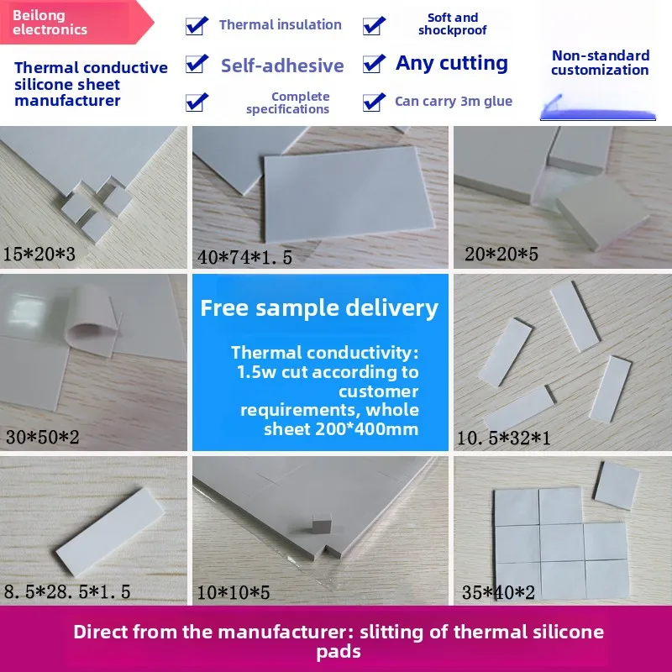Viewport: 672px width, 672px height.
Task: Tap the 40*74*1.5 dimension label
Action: pos(245,257)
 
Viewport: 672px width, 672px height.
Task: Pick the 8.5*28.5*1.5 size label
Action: pos(67,592)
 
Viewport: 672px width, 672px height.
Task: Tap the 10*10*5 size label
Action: pos(234,592)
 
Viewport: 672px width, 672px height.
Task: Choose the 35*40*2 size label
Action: pos(498,592)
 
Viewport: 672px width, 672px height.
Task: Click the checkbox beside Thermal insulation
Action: pos(197,25)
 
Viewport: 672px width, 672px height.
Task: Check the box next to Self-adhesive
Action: pos(197,63)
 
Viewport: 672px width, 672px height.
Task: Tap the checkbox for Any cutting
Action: pos(374,63)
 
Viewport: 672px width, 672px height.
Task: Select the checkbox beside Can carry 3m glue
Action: pos(374,102)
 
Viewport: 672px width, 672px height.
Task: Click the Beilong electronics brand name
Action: pos(50,23)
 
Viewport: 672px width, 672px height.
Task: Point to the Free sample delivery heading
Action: pos(319,308)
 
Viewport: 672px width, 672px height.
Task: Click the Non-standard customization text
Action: pos(600,63)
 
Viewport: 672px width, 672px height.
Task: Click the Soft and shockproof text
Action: pos(452,24)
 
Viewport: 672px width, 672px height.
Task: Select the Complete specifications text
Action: pos(288,102)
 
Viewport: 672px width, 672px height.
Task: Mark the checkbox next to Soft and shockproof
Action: pos(374,25)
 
